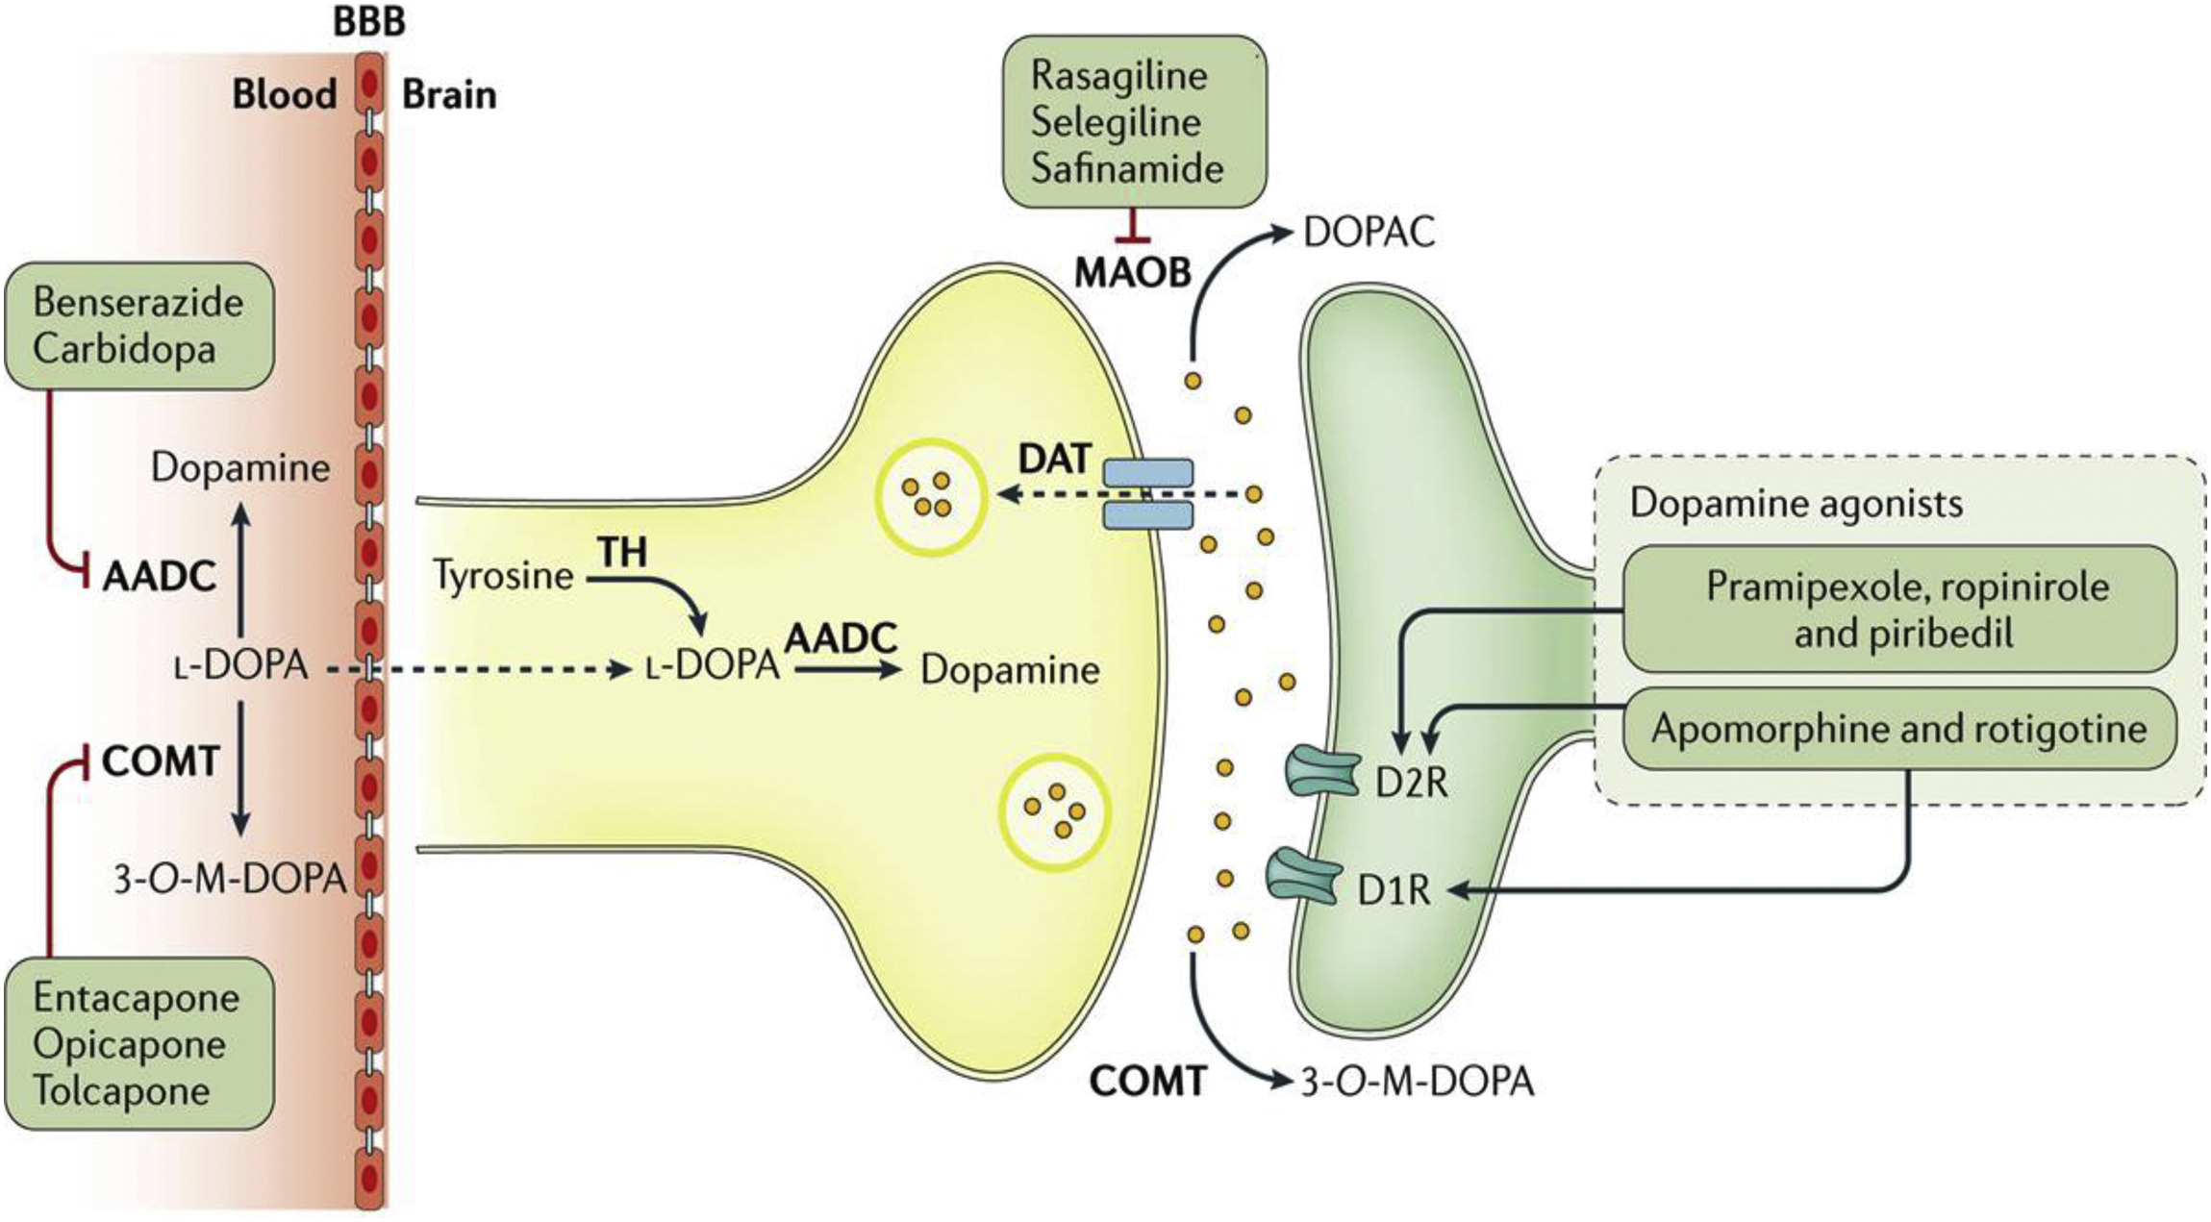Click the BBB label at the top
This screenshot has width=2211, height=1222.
coord(369,21)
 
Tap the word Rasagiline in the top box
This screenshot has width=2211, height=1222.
coord(1118,76)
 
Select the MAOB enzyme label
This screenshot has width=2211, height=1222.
coord(1133,273)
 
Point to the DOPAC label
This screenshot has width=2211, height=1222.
coord(1369,233)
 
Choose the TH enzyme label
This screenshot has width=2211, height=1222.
coord(622,553)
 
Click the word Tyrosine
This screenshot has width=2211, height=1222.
coord(503,576)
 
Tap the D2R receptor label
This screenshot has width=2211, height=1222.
coord(1411,783)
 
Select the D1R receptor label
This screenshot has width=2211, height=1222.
coord(1394,891)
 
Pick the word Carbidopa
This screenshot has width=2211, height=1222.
coord(124,348)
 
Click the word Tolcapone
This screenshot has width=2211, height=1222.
coord(121,1090)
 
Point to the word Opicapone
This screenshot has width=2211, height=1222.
coord(129,1044)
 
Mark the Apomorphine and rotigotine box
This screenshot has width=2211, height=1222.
coord(1898,729)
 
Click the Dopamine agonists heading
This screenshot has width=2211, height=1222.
coord(1796,503)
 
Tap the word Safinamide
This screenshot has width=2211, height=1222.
coord(1127,168)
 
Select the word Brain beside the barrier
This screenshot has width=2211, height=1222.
coord(449,95)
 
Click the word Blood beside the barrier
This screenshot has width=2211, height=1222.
coord(285,95)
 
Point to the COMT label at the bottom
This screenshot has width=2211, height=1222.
coord(1147,1082)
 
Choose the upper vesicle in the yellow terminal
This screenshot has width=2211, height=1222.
coord(930,497)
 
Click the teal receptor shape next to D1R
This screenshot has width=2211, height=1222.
coord(1304,876)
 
